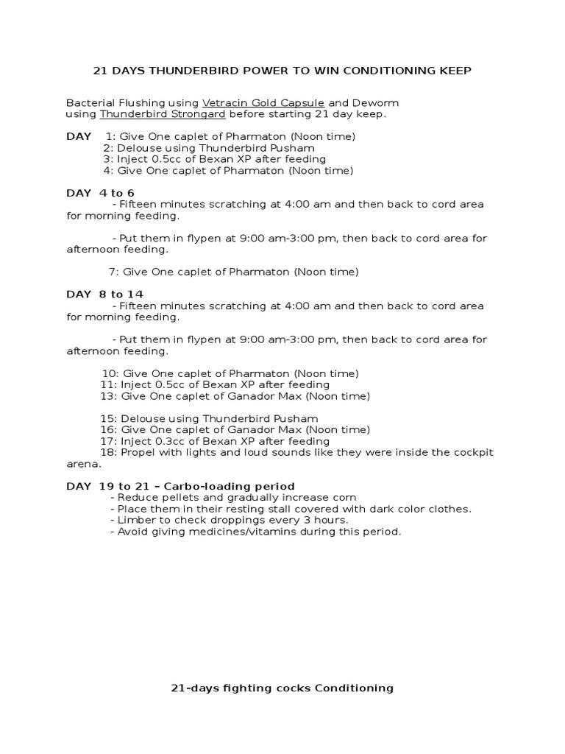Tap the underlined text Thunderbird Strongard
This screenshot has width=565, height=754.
click(x=163, y=114)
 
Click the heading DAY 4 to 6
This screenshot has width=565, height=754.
click(x=100, y=193)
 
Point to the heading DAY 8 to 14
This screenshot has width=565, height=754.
click(x=104, y=295)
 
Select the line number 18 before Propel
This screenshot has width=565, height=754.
click(x=107, y=452)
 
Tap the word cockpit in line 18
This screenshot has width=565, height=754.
click(x=473, y=452)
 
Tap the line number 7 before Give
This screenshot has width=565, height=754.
click(x=113, y=272)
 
